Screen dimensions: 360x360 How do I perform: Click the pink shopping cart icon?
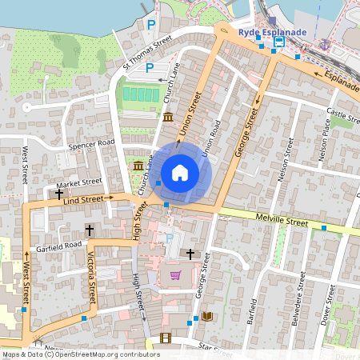175,276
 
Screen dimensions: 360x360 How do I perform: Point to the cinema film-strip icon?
165,338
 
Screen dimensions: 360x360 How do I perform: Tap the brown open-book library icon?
207,317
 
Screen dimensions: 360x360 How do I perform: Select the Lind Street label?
82,199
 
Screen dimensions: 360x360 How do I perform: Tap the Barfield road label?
254,314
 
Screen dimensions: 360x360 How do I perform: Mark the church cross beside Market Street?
59,194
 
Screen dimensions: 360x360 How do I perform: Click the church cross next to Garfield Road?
89,230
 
